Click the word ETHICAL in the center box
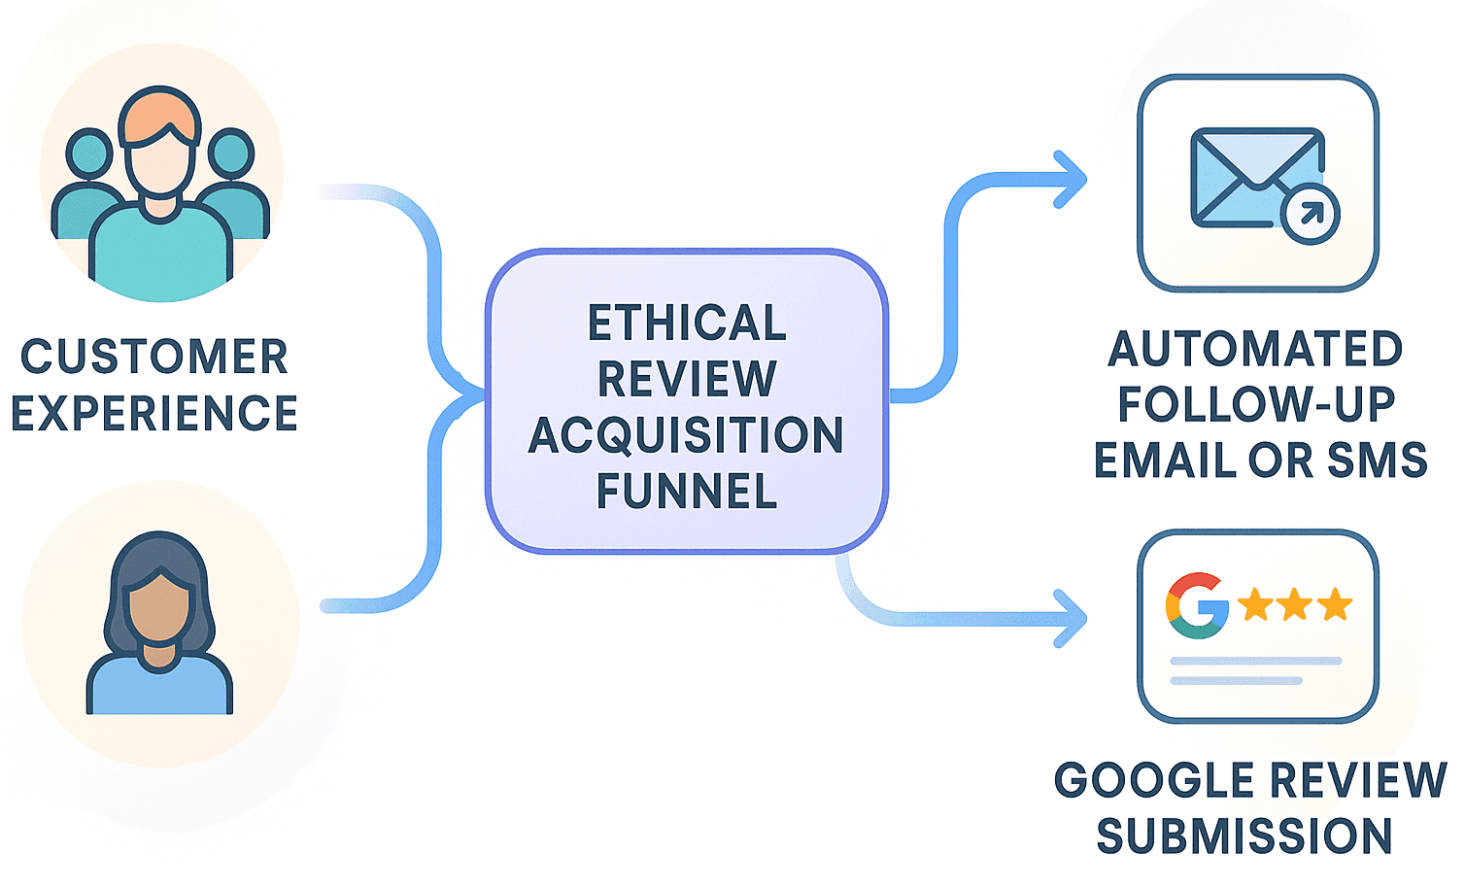(686, 323)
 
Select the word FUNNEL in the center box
(686, 492)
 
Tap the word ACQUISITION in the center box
(686, 435)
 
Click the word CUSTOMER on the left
(154, 357)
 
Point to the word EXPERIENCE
(154, 414)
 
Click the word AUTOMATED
(1255, 349)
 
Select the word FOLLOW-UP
(1255, 405)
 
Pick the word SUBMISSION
(1244, 837)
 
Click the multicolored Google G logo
(1196, 605)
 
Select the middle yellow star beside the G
(1295, 604)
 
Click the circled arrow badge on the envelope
(1310, 214)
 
